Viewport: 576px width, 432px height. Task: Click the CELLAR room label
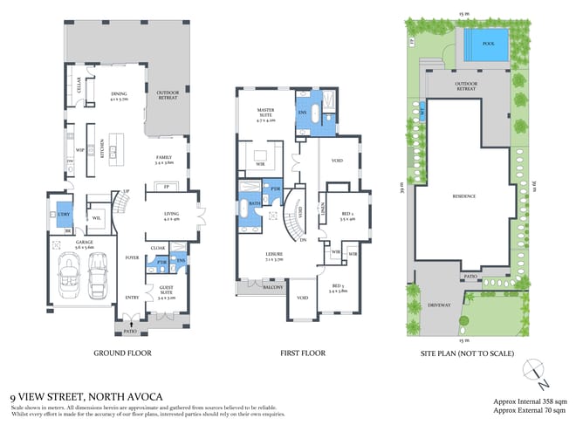tap(79, 86)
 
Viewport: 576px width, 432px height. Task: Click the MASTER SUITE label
tap(265, 114)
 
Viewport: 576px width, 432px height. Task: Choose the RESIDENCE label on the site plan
tap(463, 196)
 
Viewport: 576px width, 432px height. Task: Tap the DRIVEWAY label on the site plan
tap(440, 305)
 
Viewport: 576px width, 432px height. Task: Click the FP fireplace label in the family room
tap(166, 186)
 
